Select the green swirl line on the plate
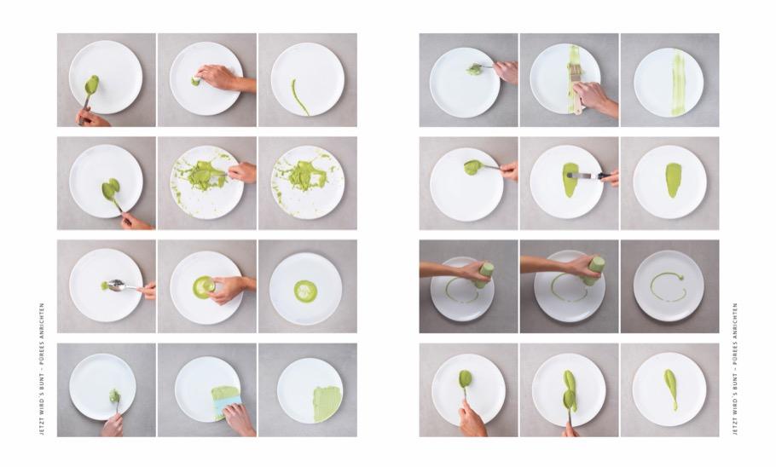(x=300, y=96)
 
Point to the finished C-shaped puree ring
(x=668, y=287)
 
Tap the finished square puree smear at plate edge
(x=327, y=403)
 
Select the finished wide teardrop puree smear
(x=672, y=180)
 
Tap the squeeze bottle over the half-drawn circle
(x=483, y=275)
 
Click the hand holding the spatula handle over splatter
(x=242, y=172)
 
